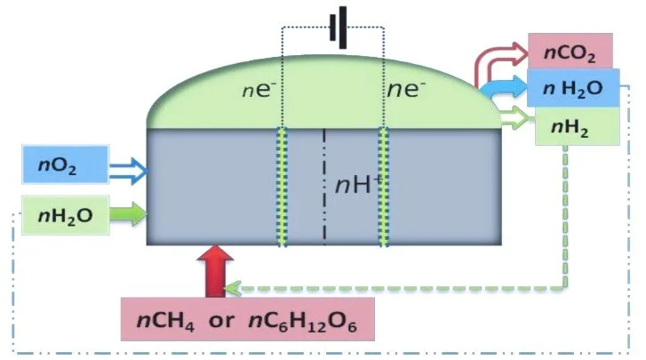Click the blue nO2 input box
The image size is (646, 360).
[64, 165]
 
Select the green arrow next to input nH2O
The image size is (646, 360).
[127, 214]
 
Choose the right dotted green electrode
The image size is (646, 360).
[385, 187]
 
